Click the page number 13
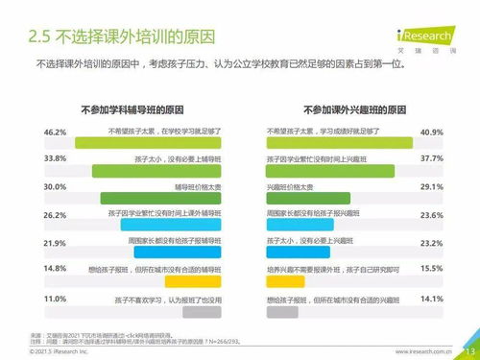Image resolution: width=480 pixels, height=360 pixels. click(x=468, y=351)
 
